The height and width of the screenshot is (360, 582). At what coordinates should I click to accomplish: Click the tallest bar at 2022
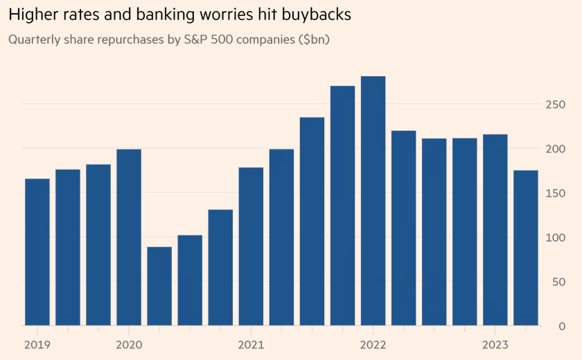tap(373, 201)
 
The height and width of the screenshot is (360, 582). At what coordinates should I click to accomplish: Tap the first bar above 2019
tap(37, 252)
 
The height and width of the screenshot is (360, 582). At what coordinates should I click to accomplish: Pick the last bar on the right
tap(525, 248)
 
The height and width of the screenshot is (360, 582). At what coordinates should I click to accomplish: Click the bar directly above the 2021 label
tap(251, 246)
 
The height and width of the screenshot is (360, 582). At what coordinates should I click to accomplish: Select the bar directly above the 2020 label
tap(129, 237)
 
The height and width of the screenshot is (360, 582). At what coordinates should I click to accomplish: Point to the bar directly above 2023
tap(495, 230)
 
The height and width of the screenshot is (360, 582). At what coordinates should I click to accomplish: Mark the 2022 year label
tap(373, 344)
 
